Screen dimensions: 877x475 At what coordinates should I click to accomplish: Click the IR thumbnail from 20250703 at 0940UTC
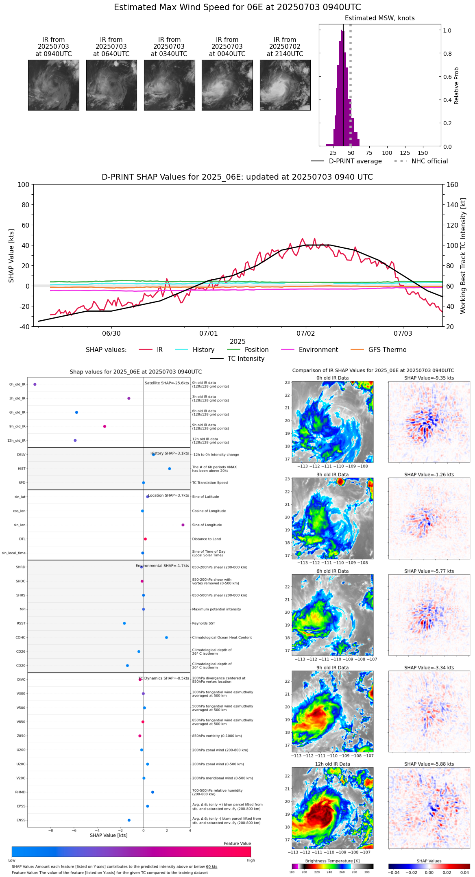tap(53, 85)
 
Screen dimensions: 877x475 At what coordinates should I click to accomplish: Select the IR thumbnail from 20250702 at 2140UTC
tap(285, 85)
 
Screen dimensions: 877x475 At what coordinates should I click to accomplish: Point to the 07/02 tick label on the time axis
tap(305, 334)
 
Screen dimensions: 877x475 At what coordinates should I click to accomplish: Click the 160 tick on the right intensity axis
tap(452, 185)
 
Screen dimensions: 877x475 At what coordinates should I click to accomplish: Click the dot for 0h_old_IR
tap(35, 384)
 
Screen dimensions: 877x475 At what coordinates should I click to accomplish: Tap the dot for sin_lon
tap(183, 525)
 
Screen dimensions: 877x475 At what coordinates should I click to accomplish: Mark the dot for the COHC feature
tap(166, 638)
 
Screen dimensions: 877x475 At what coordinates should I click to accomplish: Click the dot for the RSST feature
tap(124, 623)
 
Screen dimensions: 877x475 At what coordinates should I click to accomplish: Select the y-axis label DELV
tap(21, 455)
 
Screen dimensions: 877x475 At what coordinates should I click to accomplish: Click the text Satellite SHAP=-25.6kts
tap(167, 383)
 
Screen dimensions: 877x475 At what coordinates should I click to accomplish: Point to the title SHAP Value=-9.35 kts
tap(429, 378)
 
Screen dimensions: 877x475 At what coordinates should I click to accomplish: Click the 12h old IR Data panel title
tap(332, 764)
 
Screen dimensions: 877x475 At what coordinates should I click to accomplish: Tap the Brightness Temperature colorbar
tap(332, 866)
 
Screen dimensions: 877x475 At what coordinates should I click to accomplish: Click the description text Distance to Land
tap(207, 539)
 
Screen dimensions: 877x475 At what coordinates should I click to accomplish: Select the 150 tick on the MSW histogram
tap(423, 153)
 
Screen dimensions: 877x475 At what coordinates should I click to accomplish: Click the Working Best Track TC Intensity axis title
tap(463, 256)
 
